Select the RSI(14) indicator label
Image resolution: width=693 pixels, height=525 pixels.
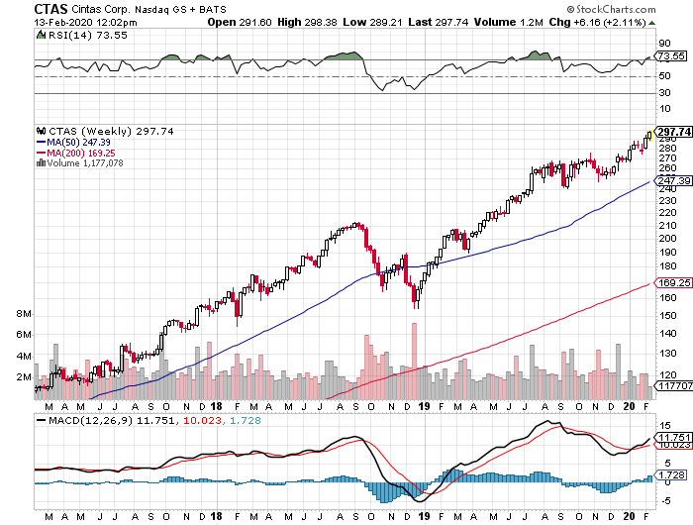tap(60, 34)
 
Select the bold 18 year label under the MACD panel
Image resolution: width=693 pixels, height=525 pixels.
tap(215, 515)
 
